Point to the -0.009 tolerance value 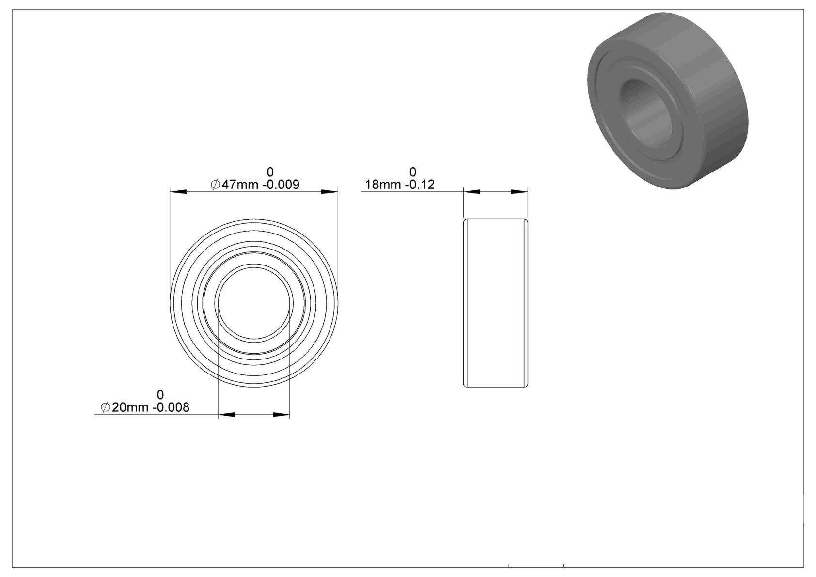coord(281,185)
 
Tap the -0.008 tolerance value coord(171,407)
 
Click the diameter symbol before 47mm coord(215,185)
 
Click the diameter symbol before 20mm coord(105,407)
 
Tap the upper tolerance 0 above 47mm coord(270,172)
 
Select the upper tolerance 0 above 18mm coord(413,172)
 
